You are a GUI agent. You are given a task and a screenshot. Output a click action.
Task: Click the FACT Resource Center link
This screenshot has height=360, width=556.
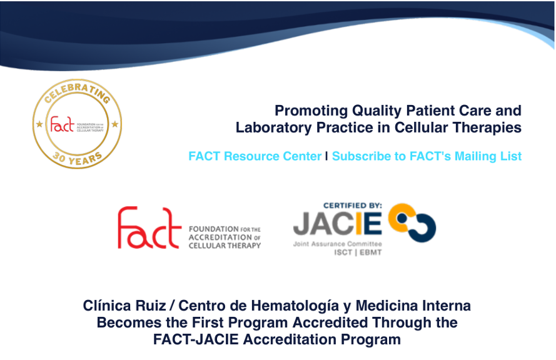click(255, 156)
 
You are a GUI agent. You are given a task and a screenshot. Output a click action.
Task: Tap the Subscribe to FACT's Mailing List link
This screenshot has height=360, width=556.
click(427, 156)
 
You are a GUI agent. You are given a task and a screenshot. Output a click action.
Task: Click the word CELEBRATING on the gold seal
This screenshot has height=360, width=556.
click(78, 91)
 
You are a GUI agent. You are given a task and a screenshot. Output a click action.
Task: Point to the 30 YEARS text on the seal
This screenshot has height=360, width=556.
click(78, 158)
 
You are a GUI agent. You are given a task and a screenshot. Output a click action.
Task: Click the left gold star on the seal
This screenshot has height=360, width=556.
click(39, 124)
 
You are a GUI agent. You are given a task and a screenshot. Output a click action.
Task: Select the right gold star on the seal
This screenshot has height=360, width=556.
click(115, 124)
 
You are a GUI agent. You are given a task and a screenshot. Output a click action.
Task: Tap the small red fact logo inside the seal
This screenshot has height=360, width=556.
click(62, 124)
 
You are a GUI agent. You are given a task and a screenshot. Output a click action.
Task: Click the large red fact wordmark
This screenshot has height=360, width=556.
click(149, 227)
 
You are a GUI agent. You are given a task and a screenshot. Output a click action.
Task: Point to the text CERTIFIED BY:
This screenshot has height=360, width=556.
click(353, 206)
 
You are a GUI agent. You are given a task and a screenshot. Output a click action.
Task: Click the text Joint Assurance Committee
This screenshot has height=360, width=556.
click(337, 244)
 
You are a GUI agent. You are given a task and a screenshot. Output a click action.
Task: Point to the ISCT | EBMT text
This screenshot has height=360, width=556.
click(358, 252)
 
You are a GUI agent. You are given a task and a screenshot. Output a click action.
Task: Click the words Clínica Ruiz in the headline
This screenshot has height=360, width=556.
click(124, 306)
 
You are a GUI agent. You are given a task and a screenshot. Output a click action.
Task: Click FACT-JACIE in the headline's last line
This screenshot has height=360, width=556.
click(196, 339)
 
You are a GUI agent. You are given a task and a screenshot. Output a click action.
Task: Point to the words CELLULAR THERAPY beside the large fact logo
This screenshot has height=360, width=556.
click(225, 246)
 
